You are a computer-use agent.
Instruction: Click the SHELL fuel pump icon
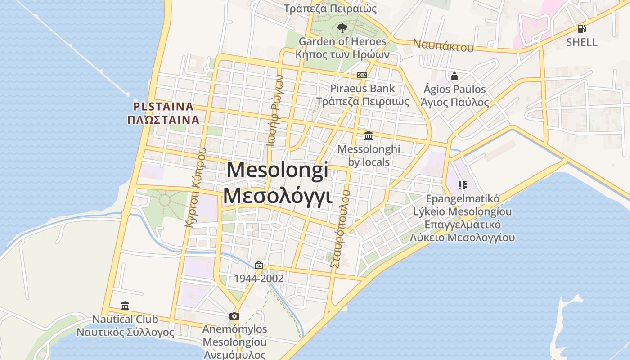point(582,29)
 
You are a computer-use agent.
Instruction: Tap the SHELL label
point(582,42)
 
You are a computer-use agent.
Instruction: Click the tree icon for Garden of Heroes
point(342,28)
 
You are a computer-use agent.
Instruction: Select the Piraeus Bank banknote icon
point(362,75)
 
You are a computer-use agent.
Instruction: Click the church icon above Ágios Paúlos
point(454,76)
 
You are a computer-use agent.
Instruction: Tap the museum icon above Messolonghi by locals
point(369,135)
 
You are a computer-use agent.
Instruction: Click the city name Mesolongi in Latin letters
point(278,171)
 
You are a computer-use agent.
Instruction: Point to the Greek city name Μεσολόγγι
point(278,196)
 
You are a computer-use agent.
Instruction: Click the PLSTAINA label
point(163,107)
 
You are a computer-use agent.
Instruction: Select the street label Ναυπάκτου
point(443,45)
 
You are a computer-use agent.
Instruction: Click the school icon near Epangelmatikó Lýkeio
point(463,185)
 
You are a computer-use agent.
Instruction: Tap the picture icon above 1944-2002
point(259,265)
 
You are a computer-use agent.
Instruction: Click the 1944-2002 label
point(259,279)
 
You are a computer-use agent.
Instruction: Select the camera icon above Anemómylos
point(234,316)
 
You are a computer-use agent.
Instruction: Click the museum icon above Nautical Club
point(125,306)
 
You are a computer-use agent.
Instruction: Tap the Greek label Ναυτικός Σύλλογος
point(125,333)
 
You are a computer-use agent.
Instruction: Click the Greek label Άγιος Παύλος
point(454,102)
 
